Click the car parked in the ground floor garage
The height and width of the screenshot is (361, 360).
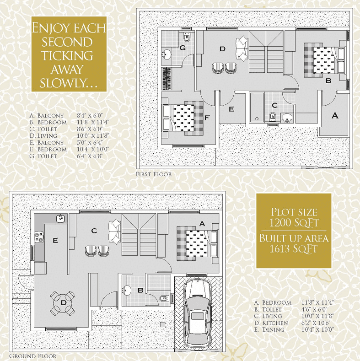[199, 313]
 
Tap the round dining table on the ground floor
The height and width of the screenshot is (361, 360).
[63, 303]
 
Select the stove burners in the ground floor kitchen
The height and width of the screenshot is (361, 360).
[39, 237]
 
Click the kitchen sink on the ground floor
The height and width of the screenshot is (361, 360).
[60, 218]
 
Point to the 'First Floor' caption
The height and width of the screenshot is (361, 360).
[154, 174]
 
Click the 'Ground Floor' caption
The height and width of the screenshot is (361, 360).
[32, 356]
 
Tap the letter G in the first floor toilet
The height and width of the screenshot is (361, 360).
[183, 48]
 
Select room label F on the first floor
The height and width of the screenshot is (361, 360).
[207, 118]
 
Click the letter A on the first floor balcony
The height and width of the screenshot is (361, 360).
[335, 116]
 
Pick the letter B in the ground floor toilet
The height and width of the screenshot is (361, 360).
[140, 291]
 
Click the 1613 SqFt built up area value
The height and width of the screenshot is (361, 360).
[294, 249]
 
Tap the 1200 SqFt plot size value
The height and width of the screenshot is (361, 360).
[294, 223]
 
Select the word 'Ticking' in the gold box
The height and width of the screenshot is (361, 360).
[67, 55]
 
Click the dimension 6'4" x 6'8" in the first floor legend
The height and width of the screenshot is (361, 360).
[90, 156]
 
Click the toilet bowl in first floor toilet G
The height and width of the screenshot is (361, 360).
[187, 37]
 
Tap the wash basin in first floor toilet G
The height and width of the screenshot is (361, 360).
[166, 54]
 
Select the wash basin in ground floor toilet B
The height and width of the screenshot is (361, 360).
[127, 291]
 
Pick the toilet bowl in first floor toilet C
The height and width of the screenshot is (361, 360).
[273, 117]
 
